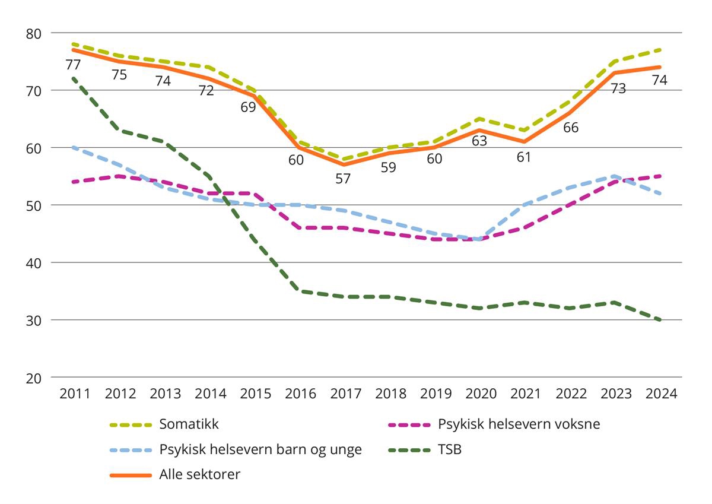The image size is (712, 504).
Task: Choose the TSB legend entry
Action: coord(450,449)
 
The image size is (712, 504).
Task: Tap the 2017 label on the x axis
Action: coord(345,394)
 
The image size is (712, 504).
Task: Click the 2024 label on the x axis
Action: coord(661,394)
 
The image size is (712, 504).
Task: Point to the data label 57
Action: coord(343,178)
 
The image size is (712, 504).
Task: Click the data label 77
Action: coord(74,65)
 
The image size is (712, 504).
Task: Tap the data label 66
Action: coord(571,128)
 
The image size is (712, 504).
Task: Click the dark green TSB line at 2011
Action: coord(73,78)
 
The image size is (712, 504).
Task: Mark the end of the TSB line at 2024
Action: coord(660,320)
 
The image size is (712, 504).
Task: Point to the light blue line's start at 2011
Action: coord(73,147)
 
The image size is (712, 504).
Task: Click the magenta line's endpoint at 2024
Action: coord(660,176)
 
